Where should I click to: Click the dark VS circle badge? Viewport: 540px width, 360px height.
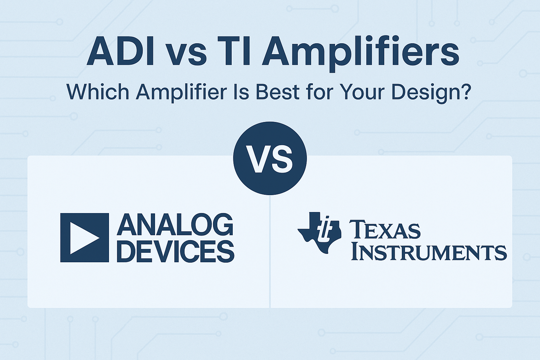(x=270, y=158)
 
